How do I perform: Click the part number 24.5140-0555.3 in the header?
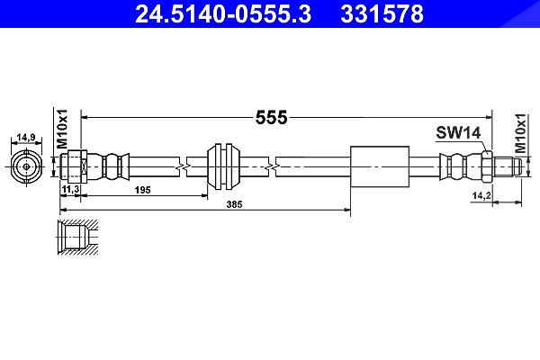point(223,14)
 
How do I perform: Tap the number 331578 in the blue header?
point(382,14)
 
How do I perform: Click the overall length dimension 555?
point(272,118)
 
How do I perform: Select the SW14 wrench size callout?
point(458,132)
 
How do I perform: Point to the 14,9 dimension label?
point(26,137)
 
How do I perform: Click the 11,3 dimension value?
point(70,189)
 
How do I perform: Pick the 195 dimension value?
point(143,190)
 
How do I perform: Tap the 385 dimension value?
point(235,204)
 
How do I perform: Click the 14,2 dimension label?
point(481,195)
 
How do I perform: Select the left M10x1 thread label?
point(62,129)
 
